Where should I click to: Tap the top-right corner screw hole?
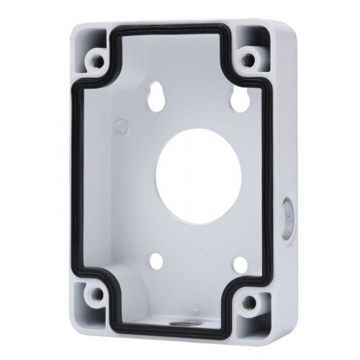[248, 55]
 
